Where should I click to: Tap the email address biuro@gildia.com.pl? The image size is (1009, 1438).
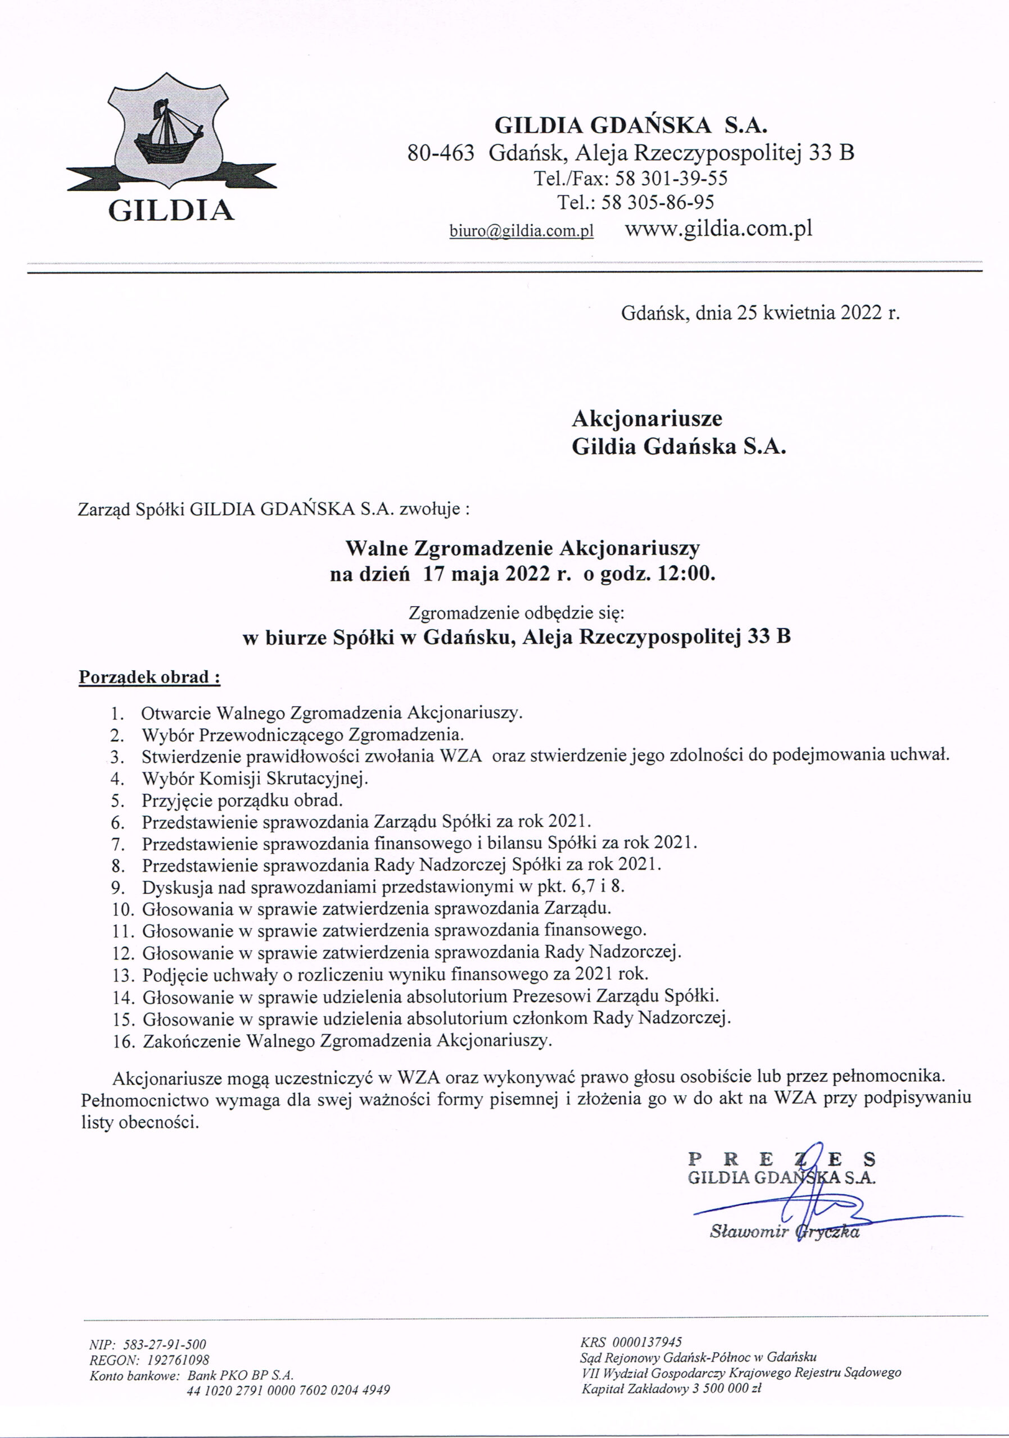[522, 231]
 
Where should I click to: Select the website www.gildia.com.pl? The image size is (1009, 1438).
[719, 229]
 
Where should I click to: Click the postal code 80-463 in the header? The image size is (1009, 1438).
[441, 153]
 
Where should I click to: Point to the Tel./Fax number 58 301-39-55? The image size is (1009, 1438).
[671, 179]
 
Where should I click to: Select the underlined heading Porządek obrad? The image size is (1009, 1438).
[149, 677]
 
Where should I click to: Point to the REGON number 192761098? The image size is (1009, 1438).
[178, 1360]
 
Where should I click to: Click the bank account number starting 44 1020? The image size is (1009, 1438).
[288, 1390]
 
